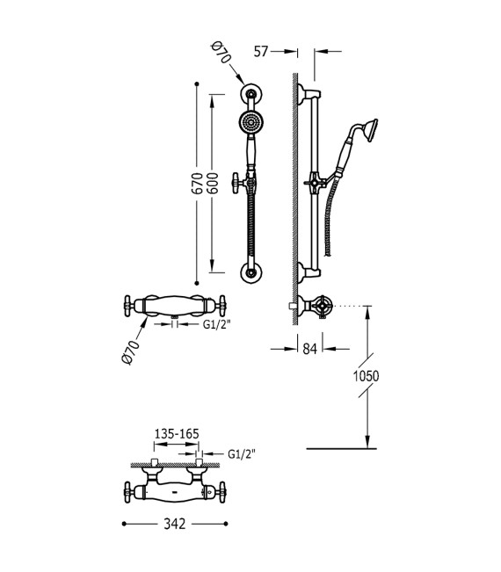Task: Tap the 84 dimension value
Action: click(x=310, y=348)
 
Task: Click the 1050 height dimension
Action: click(x=365, y=375)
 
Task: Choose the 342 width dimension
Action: click(x=175, y=524)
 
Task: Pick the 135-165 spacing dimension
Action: click(x=174, y=433)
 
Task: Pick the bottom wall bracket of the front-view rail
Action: click(x=252, y=272)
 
